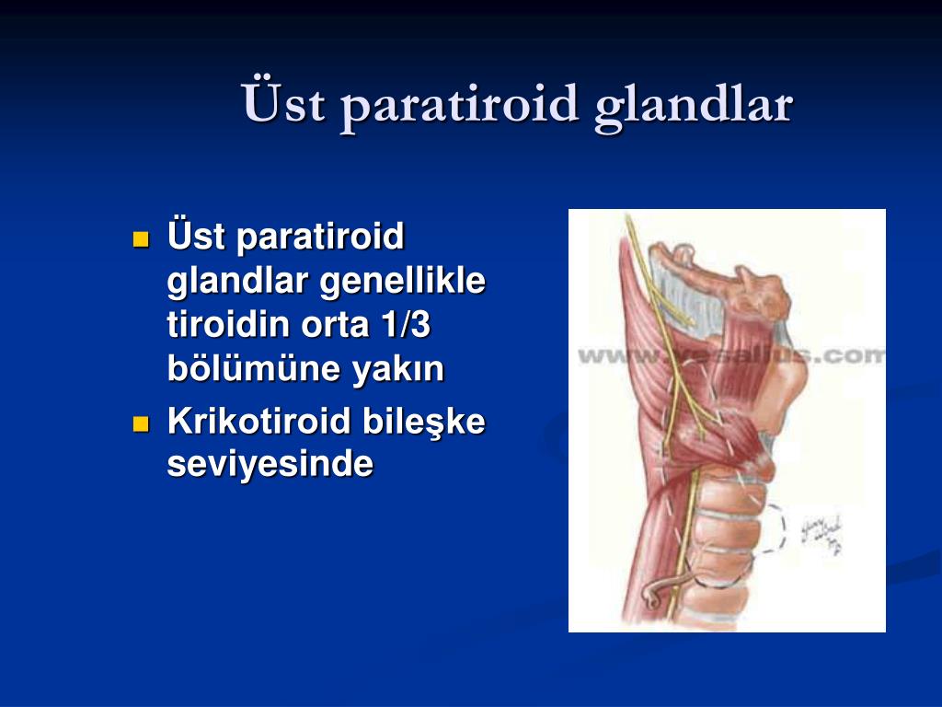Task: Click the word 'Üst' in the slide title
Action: pyautogui.click(x=284, y=103)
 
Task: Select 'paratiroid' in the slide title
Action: pyautogui.click(x=460, y=103)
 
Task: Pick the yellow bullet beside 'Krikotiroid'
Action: pyautogui.click(x=141, y=424)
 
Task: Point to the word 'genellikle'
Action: pyautogui.click(x=403, y=281)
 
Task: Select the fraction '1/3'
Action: pyautogui.click(x=411, y=325)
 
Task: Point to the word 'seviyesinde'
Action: pyautogui.click(x=270, y=464)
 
